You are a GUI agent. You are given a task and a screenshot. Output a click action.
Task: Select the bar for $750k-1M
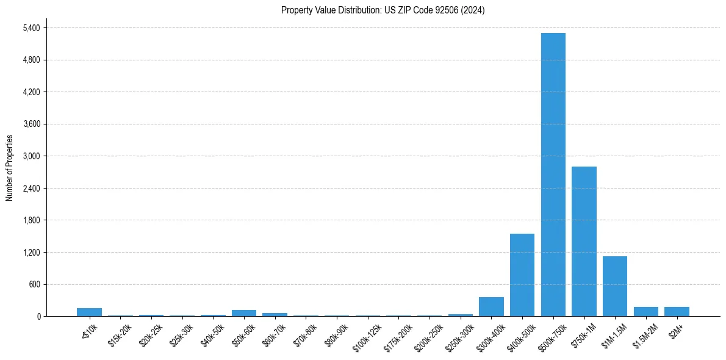pyautogui.click(x=584, y=241)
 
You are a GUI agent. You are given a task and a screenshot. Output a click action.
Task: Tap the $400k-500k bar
pyautogui.click(x=522, y=275)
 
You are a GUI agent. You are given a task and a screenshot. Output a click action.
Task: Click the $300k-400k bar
pyautogui.click(x=491, y=306)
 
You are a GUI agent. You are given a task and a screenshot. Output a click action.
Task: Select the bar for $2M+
pyautogui.click(x=677, y=311)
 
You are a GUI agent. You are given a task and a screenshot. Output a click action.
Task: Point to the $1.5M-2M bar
pyautogui.click(x=646, y=311)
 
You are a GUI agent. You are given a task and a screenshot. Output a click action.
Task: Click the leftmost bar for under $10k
pyautogui.click(x=89, y=312)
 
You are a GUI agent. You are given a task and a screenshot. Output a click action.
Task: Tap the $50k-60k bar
pyautogui.click(x=244, y=313)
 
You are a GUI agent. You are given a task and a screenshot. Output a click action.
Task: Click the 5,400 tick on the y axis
pyautogui.click(x=31, y=28)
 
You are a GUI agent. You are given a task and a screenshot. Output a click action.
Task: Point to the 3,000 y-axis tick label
pyautogui.click(x=31, y=156)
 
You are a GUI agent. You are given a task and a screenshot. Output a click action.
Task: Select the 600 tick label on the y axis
pyautogui.click(x=34, y=284)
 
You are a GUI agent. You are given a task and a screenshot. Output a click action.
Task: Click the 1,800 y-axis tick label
pyautogui.click(x=31, y=220)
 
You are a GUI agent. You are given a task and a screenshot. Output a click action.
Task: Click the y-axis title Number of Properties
pyautogui.click(x=9, y=168)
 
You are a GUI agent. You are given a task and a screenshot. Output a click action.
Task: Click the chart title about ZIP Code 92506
pyautogui.click(x=383, y=10)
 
